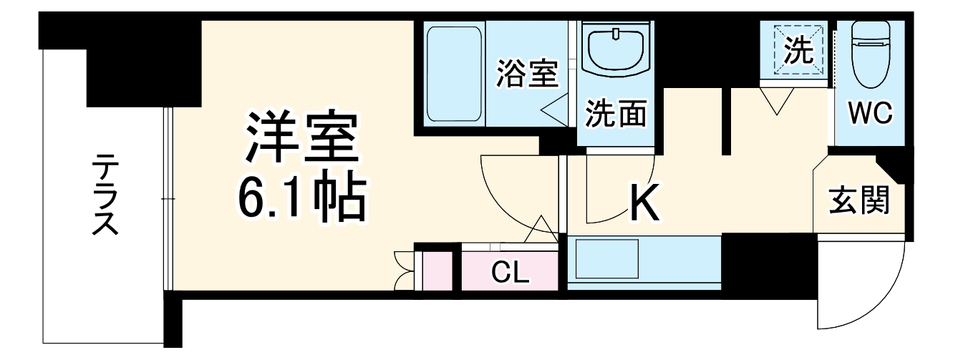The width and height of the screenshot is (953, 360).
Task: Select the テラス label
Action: tap(105, 195)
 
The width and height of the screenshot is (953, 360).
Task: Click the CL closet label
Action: tap(510, 271)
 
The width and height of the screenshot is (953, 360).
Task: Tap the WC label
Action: tap(869, 114)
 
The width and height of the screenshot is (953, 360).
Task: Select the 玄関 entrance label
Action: tap(859, 201)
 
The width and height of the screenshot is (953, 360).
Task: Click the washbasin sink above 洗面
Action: tap(616, 52)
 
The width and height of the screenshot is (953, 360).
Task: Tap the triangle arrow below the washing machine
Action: tap(778, 101)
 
